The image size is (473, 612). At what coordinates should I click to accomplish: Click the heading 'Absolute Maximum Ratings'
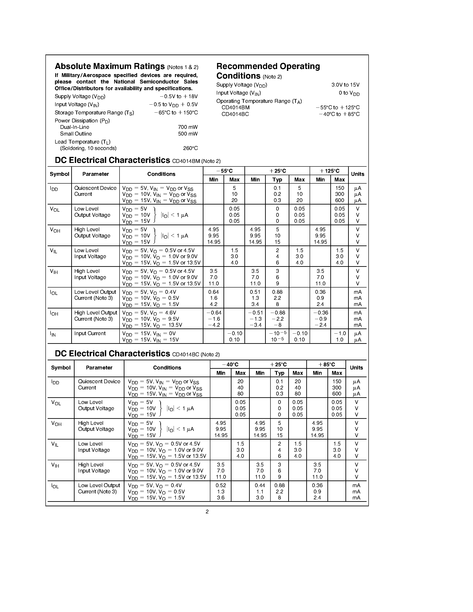110,66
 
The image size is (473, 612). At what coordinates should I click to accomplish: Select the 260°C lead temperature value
190,148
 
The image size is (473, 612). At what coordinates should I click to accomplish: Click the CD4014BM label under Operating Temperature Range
235,108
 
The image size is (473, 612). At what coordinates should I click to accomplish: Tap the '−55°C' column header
224,171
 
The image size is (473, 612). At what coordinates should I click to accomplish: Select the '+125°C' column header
329,171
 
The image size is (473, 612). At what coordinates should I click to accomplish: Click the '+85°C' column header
327,365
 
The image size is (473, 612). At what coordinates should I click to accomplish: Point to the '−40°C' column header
230,365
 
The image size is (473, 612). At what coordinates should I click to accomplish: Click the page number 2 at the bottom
207,512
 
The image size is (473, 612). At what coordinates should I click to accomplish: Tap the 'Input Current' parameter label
90,333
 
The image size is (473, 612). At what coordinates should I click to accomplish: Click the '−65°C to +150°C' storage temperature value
176,113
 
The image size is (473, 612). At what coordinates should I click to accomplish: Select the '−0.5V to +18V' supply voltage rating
179,96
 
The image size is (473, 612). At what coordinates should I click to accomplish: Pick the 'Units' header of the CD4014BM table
357,174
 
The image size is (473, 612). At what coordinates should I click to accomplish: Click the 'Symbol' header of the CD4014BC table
61,368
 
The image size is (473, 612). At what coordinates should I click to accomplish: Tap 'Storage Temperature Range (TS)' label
94,113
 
